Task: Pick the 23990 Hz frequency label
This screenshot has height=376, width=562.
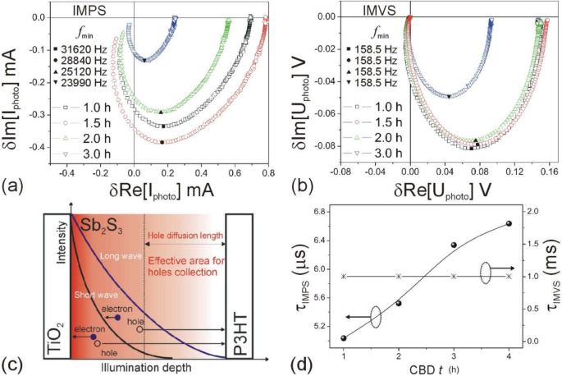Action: [x=80, y=84]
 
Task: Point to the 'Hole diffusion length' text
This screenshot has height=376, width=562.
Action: [x=185, y=236]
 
